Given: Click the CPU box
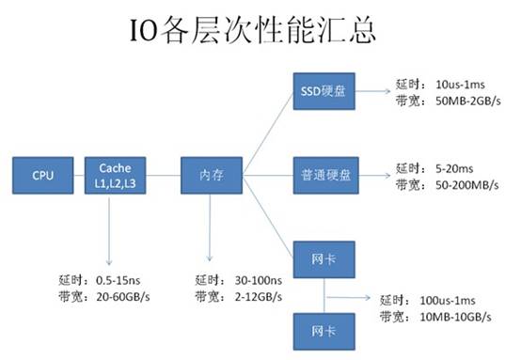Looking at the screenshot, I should [x=42, y=175].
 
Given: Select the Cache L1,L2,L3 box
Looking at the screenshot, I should [x=115, y=175].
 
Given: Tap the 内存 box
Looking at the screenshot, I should [x=212, y=175].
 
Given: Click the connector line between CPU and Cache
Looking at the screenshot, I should [x=77, y=175].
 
